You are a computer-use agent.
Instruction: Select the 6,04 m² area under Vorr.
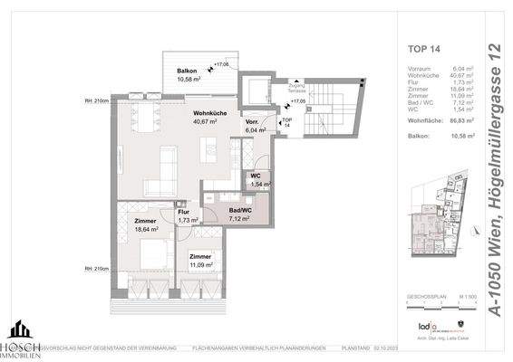(x=255, y=129)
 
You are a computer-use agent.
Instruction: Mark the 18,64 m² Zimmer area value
(x=145, y=230)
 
